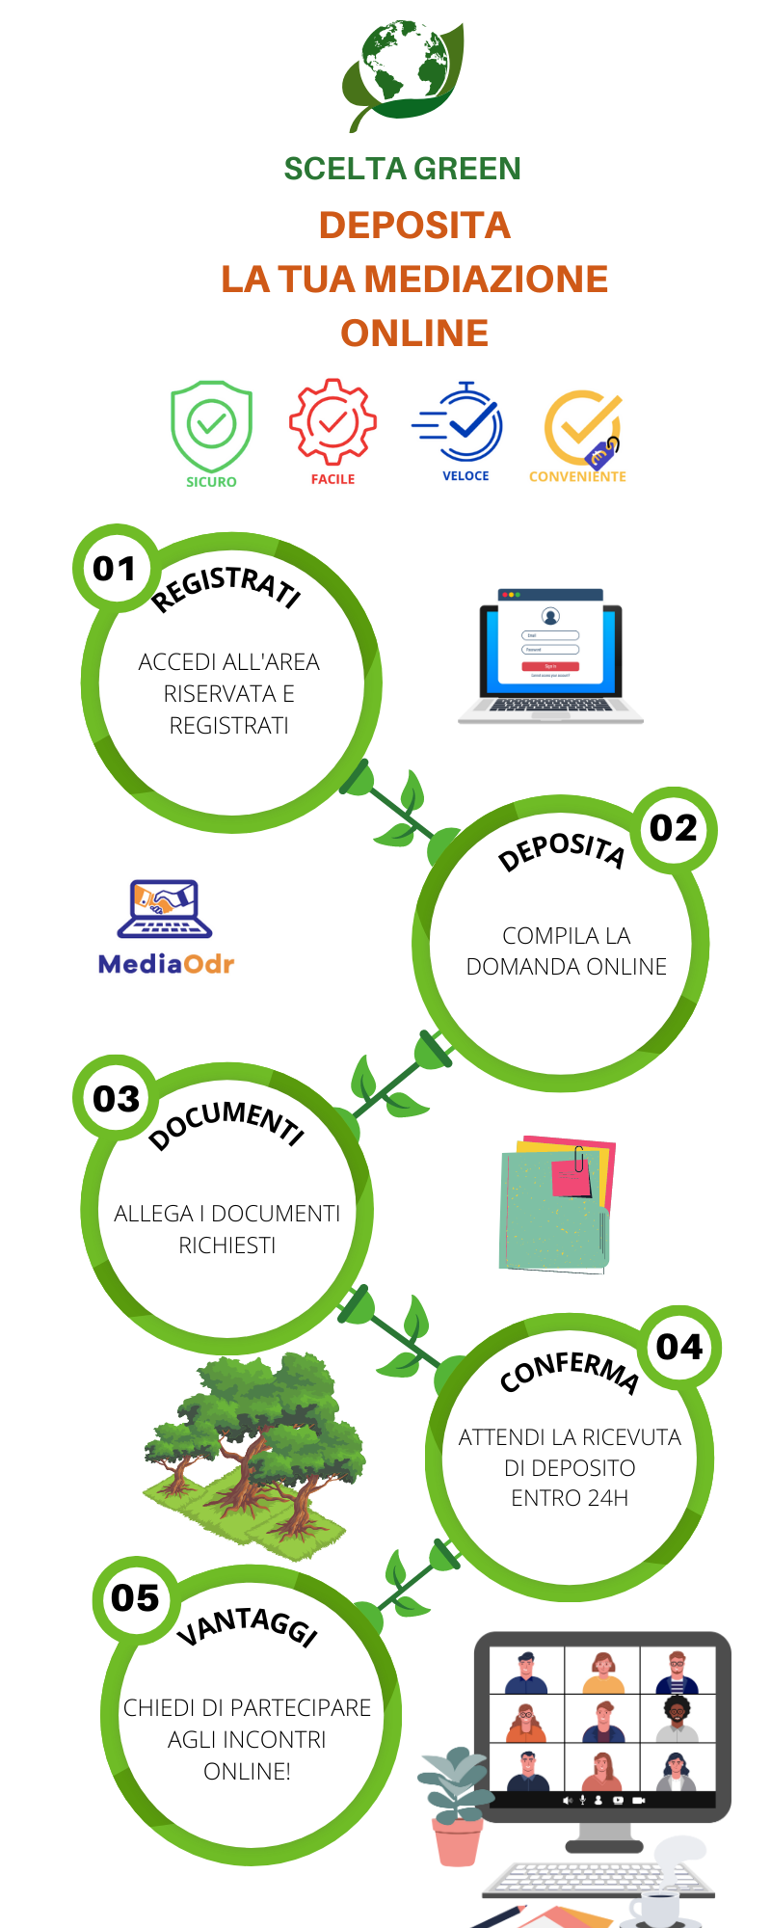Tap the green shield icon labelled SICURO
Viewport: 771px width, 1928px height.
click(x=211, y=426)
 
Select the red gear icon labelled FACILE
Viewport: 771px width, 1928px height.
click(x=332, y=422)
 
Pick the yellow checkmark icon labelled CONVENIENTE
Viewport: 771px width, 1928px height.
click(x=581, y=428)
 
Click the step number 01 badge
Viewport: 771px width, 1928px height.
click(x=115, y=569)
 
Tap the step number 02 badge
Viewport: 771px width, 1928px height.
click(x=674, y=828)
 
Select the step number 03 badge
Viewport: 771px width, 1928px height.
click(x=117, y=1099)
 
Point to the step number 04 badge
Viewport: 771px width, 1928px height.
click(x=679, y=1347)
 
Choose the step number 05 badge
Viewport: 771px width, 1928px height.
click(x=135, y=1598)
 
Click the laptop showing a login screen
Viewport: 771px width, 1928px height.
click(x=550, y=656)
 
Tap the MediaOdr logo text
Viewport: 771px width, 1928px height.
click(x=166, y=964)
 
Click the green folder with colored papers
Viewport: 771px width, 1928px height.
click(x=556, y=1205)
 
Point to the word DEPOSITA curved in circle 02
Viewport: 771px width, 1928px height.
click(x=562, y=848)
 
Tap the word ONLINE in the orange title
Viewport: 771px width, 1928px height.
click(x=414, y=334)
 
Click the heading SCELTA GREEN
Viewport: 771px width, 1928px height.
click(x=402, y=169)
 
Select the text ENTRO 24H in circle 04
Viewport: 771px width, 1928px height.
click(x=570, y=1498)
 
